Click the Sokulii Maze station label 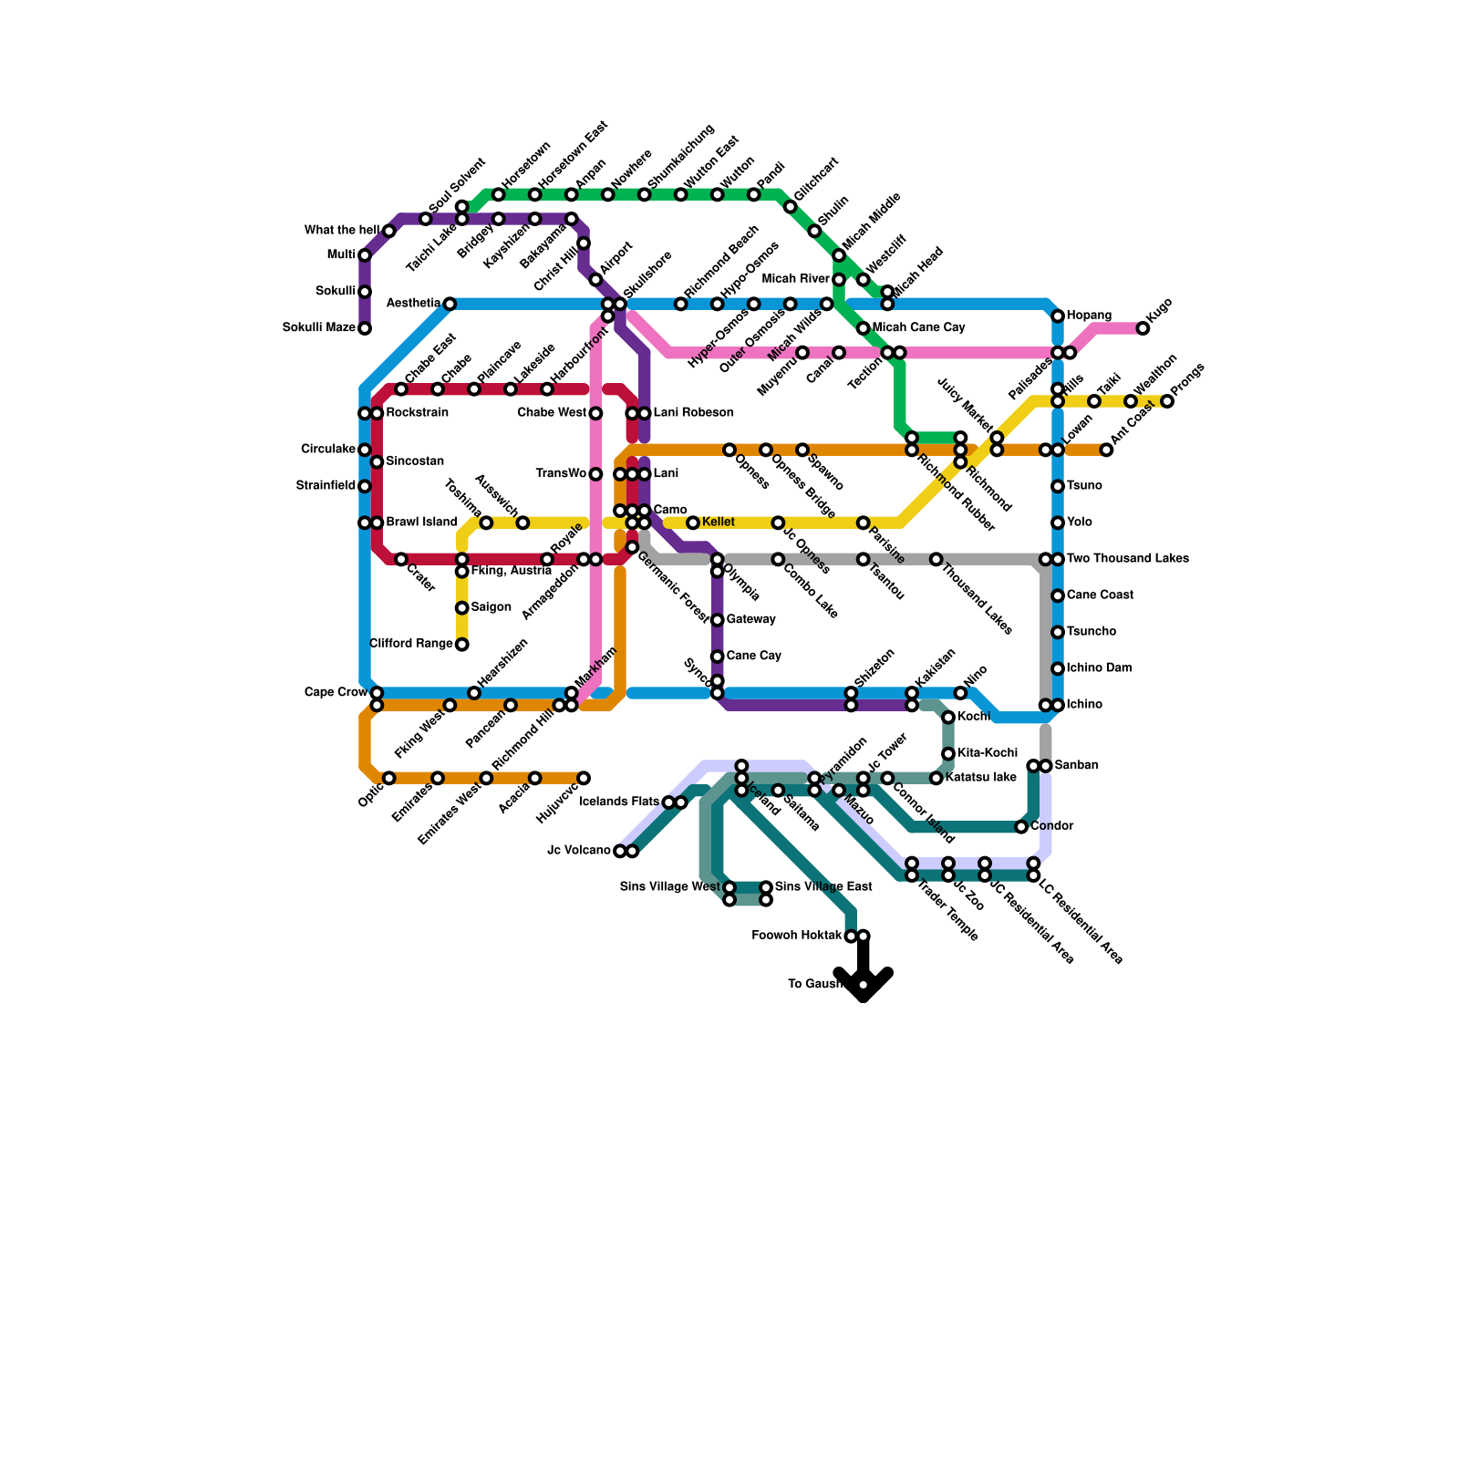[x=318, y=328]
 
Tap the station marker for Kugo [x=1143, y=328]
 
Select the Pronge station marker [x=1167, y=401]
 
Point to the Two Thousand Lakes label [x=1127, y=559]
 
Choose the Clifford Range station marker [x=462, y=645]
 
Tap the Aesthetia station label [x=413, y=304]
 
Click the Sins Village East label [x=823, y=887]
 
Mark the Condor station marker [x=1021, y=827]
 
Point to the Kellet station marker [x=693, y=523]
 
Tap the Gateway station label [x=750, y=620]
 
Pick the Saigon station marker [x=462, y=608]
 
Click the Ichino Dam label [x=1099, y=668]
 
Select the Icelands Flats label [x=619, y=802]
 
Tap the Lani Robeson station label [x=693, y=413]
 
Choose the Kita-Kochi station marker [x=948, y=754]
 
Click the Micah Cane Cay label [x=918, y=328]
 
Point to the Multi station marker [x=365, y=255]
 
